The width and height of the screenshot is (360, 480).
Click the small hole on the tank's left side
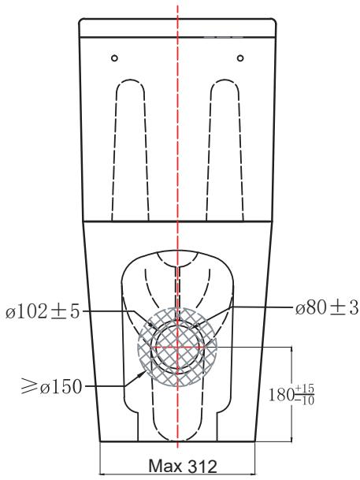(x=115, y=58)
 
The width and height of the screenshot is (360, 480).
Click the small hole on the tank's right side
(x=240, y=58)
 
